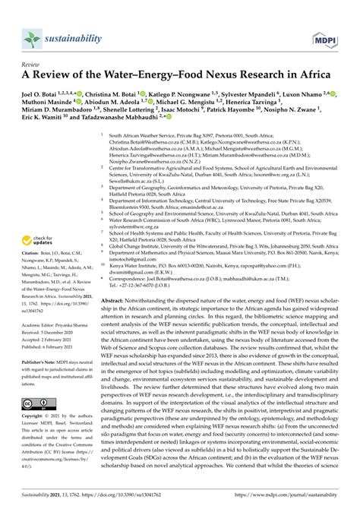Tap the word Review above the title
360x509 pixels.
coord(33,65)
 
